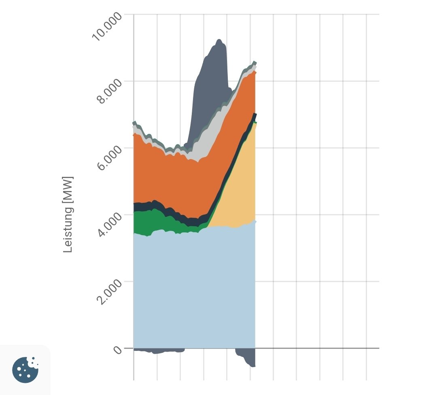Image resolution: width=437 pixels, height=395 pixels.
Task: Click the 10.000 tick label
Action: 107,27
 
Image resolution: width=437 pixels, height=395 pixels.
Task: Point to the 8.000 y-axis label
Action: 107,92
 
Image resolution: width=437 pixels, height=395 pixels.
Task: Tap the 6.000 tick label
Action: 107,159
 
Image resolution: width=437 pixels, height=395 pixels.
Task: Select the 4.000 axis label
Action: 107,225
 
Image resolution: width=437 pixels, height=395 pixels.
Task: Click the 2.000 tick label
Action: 107,292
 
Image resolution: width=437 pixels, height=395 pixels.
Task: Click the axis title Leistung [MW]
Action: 68,214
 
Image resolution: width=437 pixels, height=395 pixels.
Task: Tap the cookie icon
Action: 25,370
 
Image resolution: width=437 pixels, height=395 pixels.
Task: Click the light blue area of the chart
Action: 194,291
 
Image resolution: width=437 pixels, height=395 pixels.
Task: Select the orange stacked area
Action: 178,182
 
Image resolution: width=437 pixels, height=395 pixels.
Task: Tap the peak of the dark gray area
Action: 219,40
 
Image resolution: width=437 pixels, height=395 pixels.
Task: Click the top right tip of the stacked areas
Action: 255,62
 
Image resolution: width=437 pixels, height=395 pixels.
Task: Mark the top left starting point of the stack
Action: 134,122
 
